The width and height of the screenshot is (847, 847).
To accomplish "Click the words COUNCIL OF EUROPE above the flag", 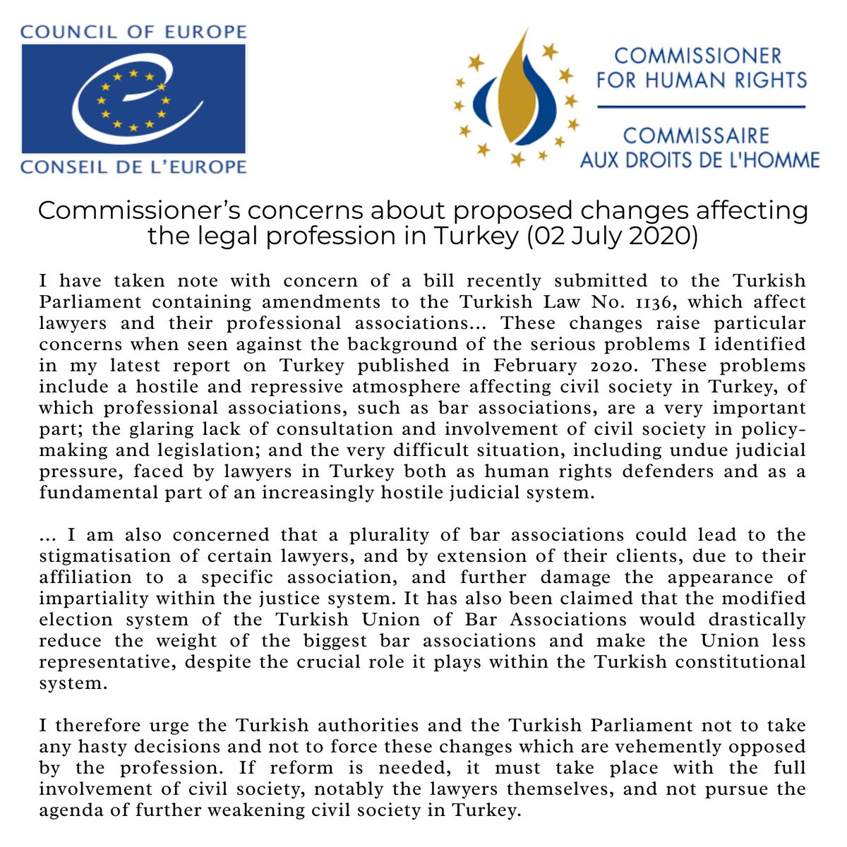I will (x=134, y=32).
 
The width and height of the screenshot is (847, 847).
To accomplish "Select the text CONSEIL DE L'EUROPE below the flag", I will (x=134, y=167).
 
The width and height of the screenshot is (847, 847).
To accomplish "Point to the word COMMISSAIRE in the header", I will (x=696, y=135).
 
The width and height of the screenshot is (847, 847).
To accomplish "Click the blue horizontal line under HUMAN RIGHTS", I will (x=701, y=107).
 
